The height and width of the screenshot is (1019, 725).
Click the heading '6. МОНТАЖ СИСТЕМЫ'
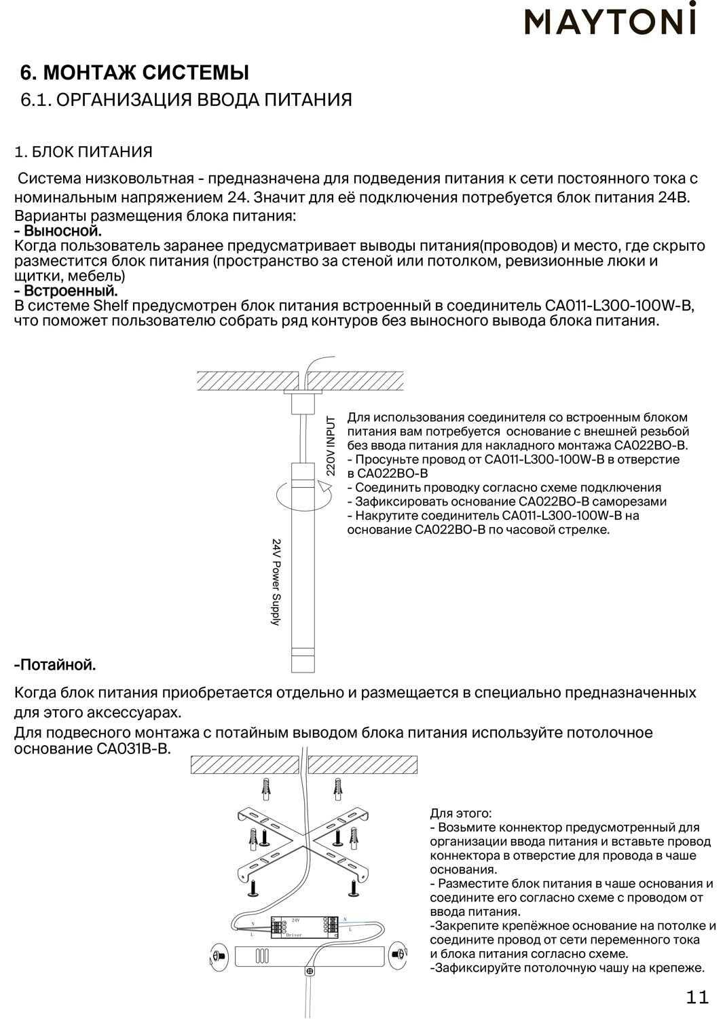click(x=135, y=73)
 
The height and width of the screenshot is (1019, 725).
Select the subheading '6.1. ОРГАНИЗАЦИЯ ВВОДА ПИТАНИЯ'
click(x=187, y=100)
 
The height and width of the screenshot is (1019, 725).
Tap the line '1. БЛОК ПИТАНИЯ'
click(x=83, y=151)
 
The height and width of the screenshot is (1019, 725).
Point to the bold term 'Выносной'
click(x=61, y=232)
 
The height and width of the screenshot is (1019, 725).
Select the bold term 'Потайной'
click(x=57, y=664)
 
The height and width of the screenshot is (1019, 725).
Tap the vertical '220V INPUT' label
click(x=331, y=446)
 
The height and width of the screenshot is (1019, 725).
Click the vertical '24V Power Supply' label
click(x=276, y=582)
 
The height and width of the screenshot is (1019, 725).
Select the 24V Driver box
click(x=299, y=927)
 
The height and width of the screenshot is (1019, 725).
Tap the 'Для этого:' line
click(x=461, y=813)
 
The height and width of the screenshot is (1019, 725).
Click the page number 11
click(x=697, y=997)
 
